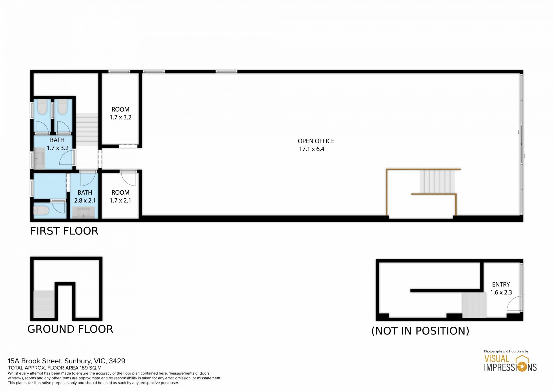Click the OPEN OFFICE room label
[316, 141]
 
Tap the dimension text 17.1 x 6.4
[312, 149]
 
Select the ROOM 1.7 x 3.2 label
[121, 113]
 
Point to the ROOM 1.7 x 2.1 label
[121, 196]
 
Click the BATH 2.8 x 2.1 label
[85, 196]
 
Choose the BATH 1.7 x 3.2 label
[57, 144]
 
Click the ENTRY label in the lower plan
[501, 284]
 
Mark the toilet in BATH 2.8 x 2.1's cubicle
[41, 210]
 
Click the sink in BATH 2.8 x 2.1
[83, 213]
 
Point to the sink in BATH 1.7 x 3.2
[40, 158]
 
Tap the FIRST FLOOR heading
[64, 231]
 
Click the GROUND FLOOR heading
[70, 329]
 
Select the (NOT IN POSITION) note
[420, 331]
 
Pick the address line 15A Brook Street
[67, 361]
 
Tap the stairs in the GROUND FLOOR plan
[44, 304]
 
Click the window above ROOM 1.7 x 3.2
[119, 72]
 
